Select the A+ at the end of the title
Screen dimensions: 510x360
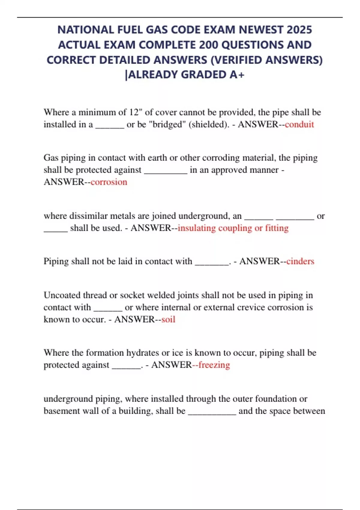point(237,75)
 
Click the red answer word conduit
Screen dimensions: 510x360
point(299,124)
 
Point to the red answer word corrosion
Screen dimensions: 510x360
point(109,182)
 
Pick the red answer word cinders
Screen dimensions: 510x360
point(300,261)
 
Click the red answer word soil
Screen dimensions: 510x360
point(168,319)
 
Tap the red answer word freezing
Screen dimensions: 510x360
point(214,365)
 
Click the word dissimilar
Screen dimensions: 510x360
point(88,216)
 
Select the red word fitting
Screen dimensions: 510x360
point(277,228)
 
